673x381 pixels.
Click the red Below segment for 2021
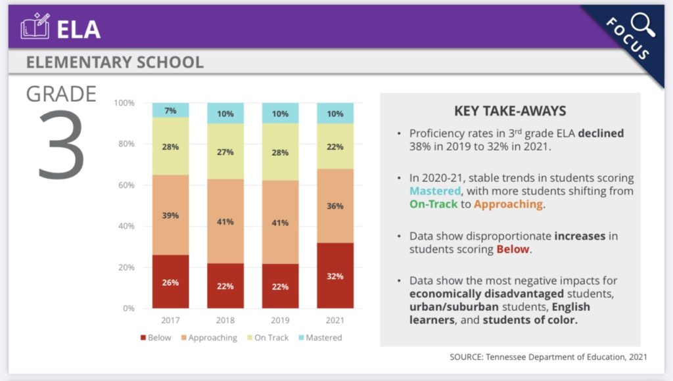(335, 276)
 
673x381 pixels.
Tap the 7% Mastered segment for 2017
(170, 110)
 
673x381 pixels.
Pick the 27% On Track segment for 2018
(225, 152)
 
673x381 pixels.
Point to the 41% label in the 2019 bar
(280, 223)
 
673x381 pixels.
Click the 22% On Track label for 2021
(335, 146)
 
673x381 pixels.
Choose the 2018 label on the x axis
(225, 321)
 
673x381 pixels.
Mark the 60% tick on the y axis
(124, 185)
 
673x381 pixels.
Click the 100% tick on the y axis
(124, 103)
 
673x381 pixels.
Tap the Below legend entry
(155, 338)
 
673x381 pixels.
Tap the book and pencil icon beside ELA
(35, 28)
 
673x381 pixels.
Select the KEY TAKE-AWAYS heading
(510, 111)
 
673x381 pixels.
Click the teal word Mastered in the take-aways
(434, 191)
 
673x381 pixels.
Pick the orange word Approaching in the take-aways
(508, 204)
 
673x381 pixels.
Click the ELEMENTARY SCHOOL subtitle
(114, 63)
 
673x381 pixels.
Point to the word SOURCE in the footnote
(467, 357)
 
